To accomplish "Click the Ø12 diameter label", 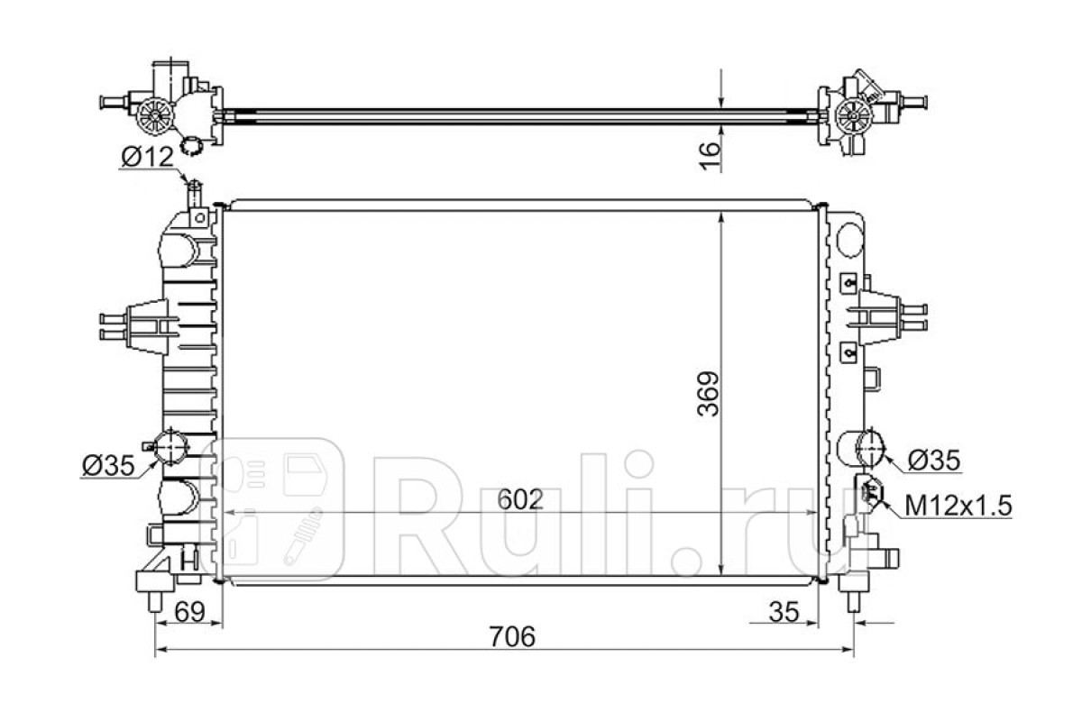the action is [147, 157].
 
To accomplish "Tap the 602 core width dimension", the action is [520, 499].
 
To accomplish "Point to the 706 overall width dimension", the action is [512, 636].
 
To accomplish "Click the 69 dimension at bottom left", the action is [190, 612].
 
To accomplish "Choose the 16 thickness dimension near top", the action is [710, 156].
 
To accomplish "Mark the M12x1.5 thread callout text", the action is [958, 507].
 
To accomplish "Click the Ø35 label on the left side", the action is [108, 466].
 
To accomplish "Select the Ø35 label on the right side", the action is [934, 461].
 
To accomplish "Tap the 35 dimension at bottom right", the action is [784, 612].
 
